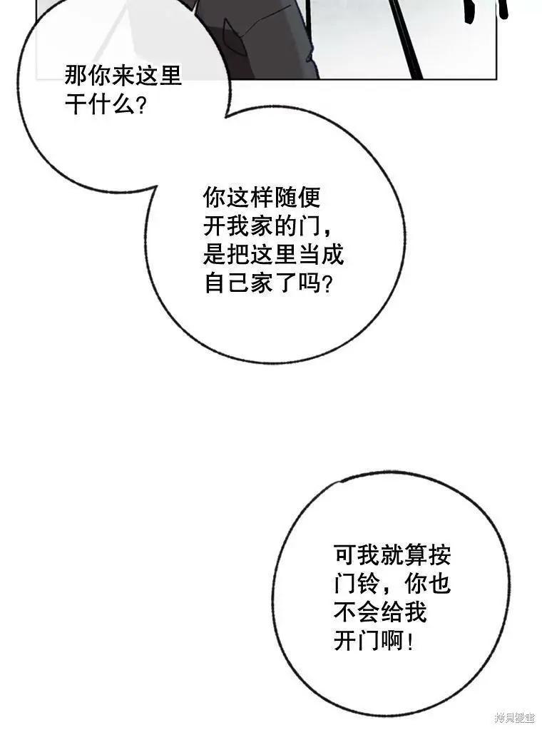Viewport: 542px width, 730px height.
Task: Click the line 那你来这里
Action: click(x=123, y=76)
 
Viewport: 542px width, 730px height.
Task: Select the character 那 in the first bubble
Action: click(x=76, y=76)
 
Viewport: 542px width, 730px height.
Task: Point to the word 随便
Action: click(x=297, y=198)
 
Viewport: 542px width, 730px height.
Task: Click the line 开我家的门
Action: click(x=262, y=226)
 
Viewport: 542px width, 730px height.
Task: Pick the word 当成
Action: click(x=320, y=255)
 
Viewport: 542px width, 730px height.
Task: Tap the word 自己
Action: click(x=227, y=283)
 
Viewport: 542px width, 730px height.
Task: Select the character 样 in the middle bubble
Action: click(x=262, y=198)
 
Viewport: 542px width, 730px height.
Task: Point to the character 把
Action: click(x=239, y=255)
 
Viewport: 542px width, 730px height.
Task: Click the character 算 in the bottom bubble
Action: click(x=416, y=555)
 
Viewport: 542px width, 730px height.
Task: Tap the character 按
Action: click(x=439, y=555)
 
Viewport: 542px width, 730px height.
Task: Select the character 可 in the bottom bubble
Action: click(x=346, y=555)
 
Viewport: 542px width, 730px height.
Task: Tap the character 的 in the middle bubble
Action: click(x=285, y=226)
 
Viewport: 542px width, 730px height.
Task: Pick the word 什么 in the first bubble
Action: click(x=111, y=104)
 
